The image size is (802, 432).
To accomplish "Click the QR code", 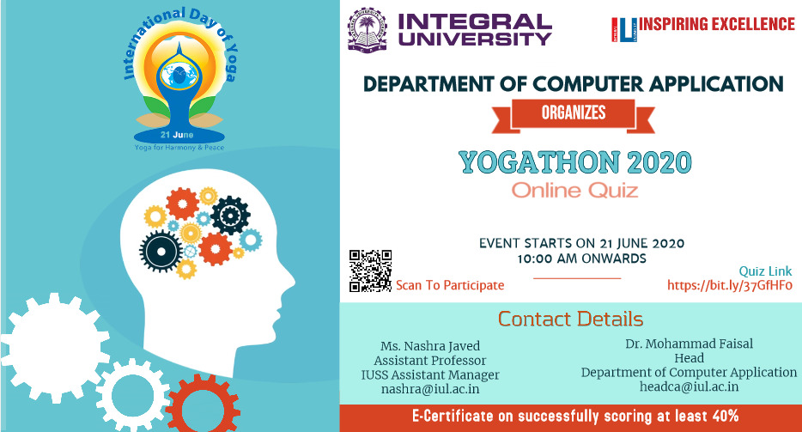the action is click(x=371, y=271).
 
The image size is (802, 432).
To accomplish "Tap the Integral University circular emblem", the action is click(x=368, y=29).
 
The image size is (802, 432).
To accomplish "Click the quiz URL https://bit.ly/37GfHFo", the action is click(x=730, y=286).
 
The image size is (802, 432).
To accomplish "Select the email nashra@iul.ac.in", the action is click(x=430, y=389).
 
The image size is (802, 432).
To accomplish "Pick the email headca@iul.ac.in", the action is click(x=689, y=386).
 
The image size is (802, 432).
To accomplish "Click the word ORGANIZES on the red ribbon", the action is click(x=574, y=113).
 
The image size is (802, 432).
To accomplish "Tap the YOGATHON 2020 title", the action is click(x=575, y=162).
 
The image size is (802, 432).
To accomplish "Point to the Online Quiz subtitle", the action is click(x=575, y=191).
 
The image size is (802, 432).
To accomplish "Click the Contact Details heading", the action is click(x=570, y=319).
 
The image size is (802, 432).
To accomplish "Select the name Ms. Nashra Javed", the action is click(x=430, y=346).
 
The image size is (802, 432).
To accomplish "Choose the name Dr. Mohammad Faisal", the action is click(x=689, y=344).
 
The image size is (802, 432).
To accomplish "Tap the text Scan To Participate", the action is click(x=450, y=285).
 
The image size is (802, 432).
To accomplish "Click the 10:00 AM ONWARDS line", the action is click(x=581, y=259).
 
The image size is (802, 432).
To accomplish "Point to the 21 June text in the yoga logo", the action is click(x=177, y=135).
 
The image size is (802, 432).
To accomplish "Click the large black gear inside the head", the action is click(x=161, y=252).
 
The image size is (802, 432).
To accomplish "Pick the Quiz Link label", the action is click(x=765, y=271).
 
